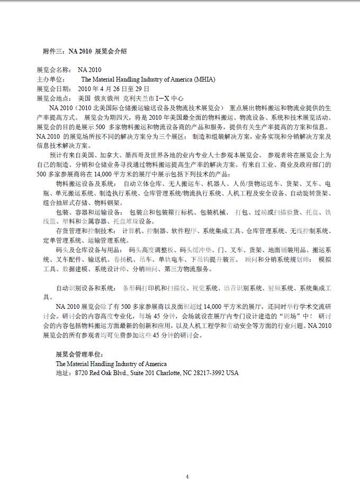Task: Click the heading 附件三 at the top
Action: point(53,51)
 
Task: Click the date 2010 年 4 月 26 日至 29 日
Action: point(113,88)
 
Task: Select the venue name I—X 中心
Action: point(169,98)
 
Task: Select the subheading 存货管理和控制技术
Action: point(84,232)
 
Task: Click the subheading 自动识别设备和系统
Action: point(84,288)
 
